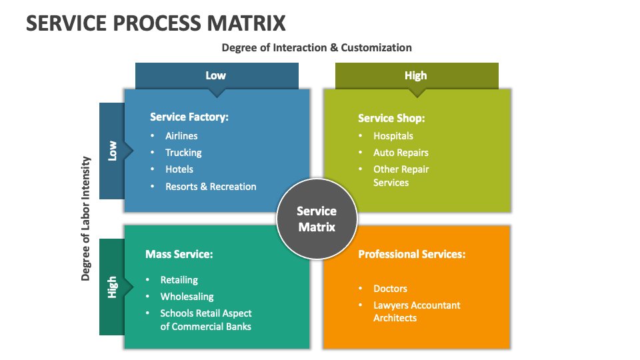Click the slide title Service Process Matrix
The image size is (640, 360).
pos(156,23)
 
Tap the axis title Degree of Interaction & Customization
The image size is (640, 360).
pos(317,48)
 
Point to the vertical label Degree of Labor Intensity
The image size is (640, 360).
pos(85,219)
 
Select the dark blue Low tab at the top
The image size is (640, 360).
pos(217,75)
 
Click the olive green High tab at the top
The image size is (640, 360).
pos(417,75)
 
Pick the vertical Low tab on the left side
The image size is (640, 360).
pos(112,151)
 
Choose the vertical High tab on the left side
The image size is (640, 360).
pos(112,287)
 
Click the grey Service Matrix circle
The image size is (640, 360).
pos(317,219)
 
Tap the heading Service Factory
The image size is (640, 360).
pos(189,117)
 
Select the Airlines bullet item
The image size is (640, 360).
pos(181,136)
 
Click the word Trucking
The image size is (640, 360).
pos(183,153)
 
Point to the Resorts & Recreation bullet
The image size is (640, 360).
pos(211,187)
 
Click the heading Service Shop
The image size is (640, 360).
pos(391,119)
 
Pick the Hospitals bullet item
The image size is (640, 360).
pos(393,136)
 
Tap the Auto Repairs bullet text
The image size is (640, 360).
pos(401,153)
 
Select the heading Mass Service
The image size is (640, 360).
pos(179,254)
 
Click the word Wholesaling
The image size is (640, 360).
pos(187,297)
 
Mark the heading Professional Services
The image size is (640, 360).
pos(412,254)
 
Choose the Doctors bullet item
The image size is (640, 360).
pos(390,289)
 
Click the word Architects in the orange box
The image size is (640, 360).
pos(395,318)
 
